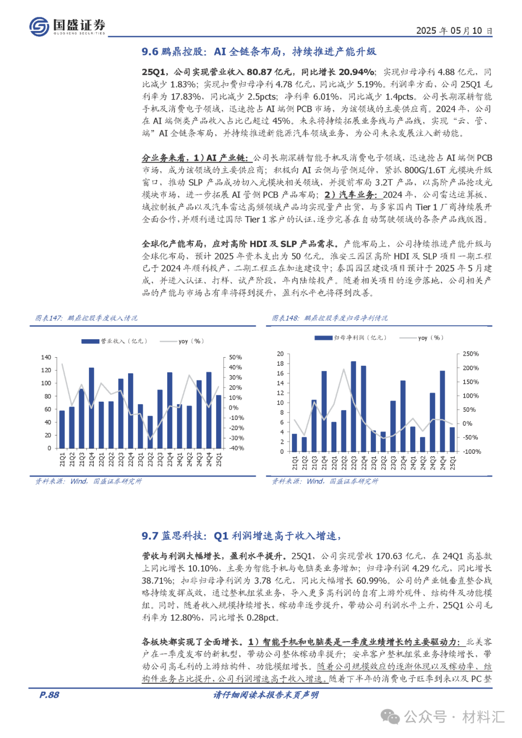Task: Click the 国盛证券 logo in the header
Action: [x=67, y=26]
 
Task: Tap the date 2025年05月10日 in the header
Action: [x=454, y=30]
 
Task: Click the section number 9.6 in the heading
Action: [x=150, y=52]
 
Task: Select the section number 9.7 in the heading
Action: [x=150, y=536]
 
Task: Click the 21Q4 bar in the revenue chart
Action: [x=91, y=408]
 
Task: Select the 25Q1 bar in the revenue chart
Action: [x=218, y=421]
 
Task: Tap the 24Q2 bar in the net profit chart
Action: [x=422, y=444]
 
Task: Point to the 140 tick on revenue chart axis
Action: [x=46, y=357]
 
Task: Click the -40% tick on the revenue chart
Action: [x=236, y=448]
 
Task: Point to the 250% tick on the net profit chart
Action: [x=471, y=354]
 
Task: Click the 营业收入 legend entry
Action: [x=114, y=341]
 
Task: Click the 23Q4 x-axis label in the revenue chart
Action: [x=170, y=460]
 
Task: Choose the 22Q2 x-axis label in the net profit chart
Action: [x=344, y=463]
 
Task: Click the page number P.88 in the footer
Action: [x=49, y=695]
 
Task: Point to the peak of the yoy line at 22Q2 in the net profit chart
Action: [x=344, y=370]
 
